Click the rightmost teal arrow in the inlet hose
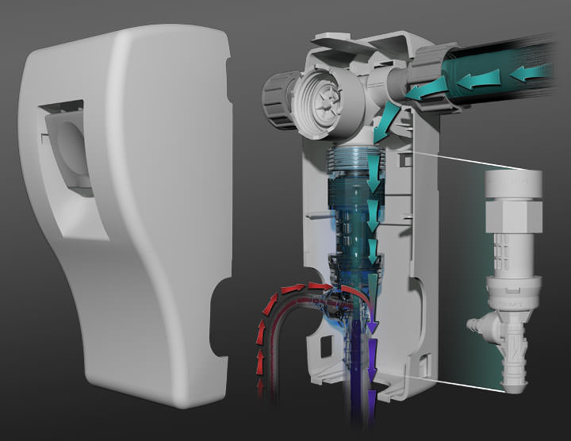click(x=528, y=74)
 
